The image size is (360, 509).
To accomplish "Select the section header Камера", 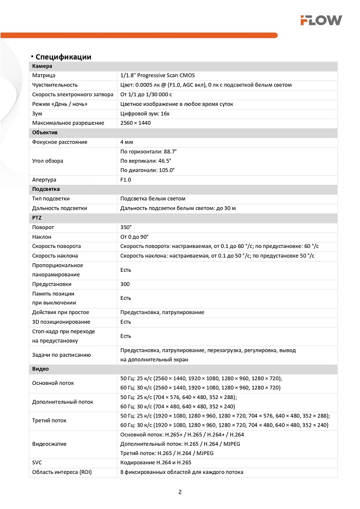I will [42, 66].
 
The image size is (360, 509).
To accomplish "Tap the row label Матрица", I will [44, 75].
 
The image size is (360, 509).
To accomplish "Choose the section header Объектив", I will [45, 132].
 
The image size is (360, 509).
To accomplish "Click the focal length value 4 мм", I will [126, 142].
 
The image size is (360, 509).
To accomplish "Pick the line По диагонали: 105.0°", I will [147, 170].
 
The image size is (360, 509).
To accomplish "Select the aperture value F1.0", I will [126, 180].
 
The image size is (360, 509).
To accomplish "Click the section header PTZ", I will [37, 217].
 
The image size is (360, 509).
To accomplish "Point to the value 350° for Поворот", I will [126, 227].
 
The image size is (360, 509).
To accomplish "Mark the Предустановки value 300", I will [125, 284].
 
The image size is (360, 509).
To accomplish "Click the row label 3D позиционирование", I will [61, 322].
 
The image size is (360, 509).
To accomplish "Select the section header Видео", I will [41, 369].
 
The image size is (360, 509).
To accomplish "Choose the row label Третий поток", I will [49, 420].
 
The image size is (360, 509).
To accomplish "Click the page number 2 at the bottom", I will [180, 492].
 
